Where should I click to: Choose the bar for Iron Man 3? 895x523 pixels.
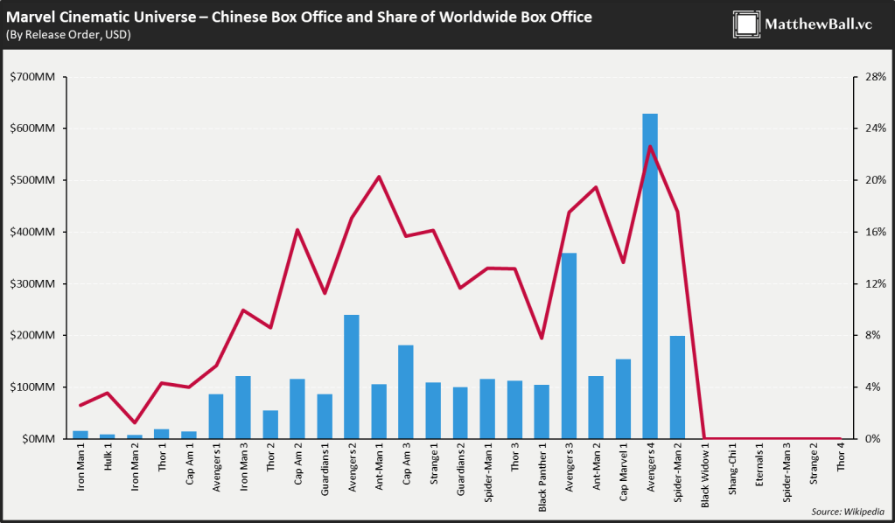pos(243,407)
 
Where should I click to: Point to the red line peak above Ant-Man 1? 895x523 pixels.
pos(379,177)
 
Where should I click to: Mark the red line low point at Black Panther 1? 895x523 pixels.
pos(542,338)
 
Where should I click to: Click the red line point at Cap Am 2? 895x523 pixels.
pos(297,230)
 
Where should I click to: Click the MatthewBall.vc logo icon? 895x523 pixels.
pos(746,24)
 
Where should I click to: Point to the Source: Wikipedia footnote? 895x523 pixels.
pos(847,512)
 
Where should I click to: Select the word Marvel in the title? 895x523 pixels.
pos(28,17)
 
